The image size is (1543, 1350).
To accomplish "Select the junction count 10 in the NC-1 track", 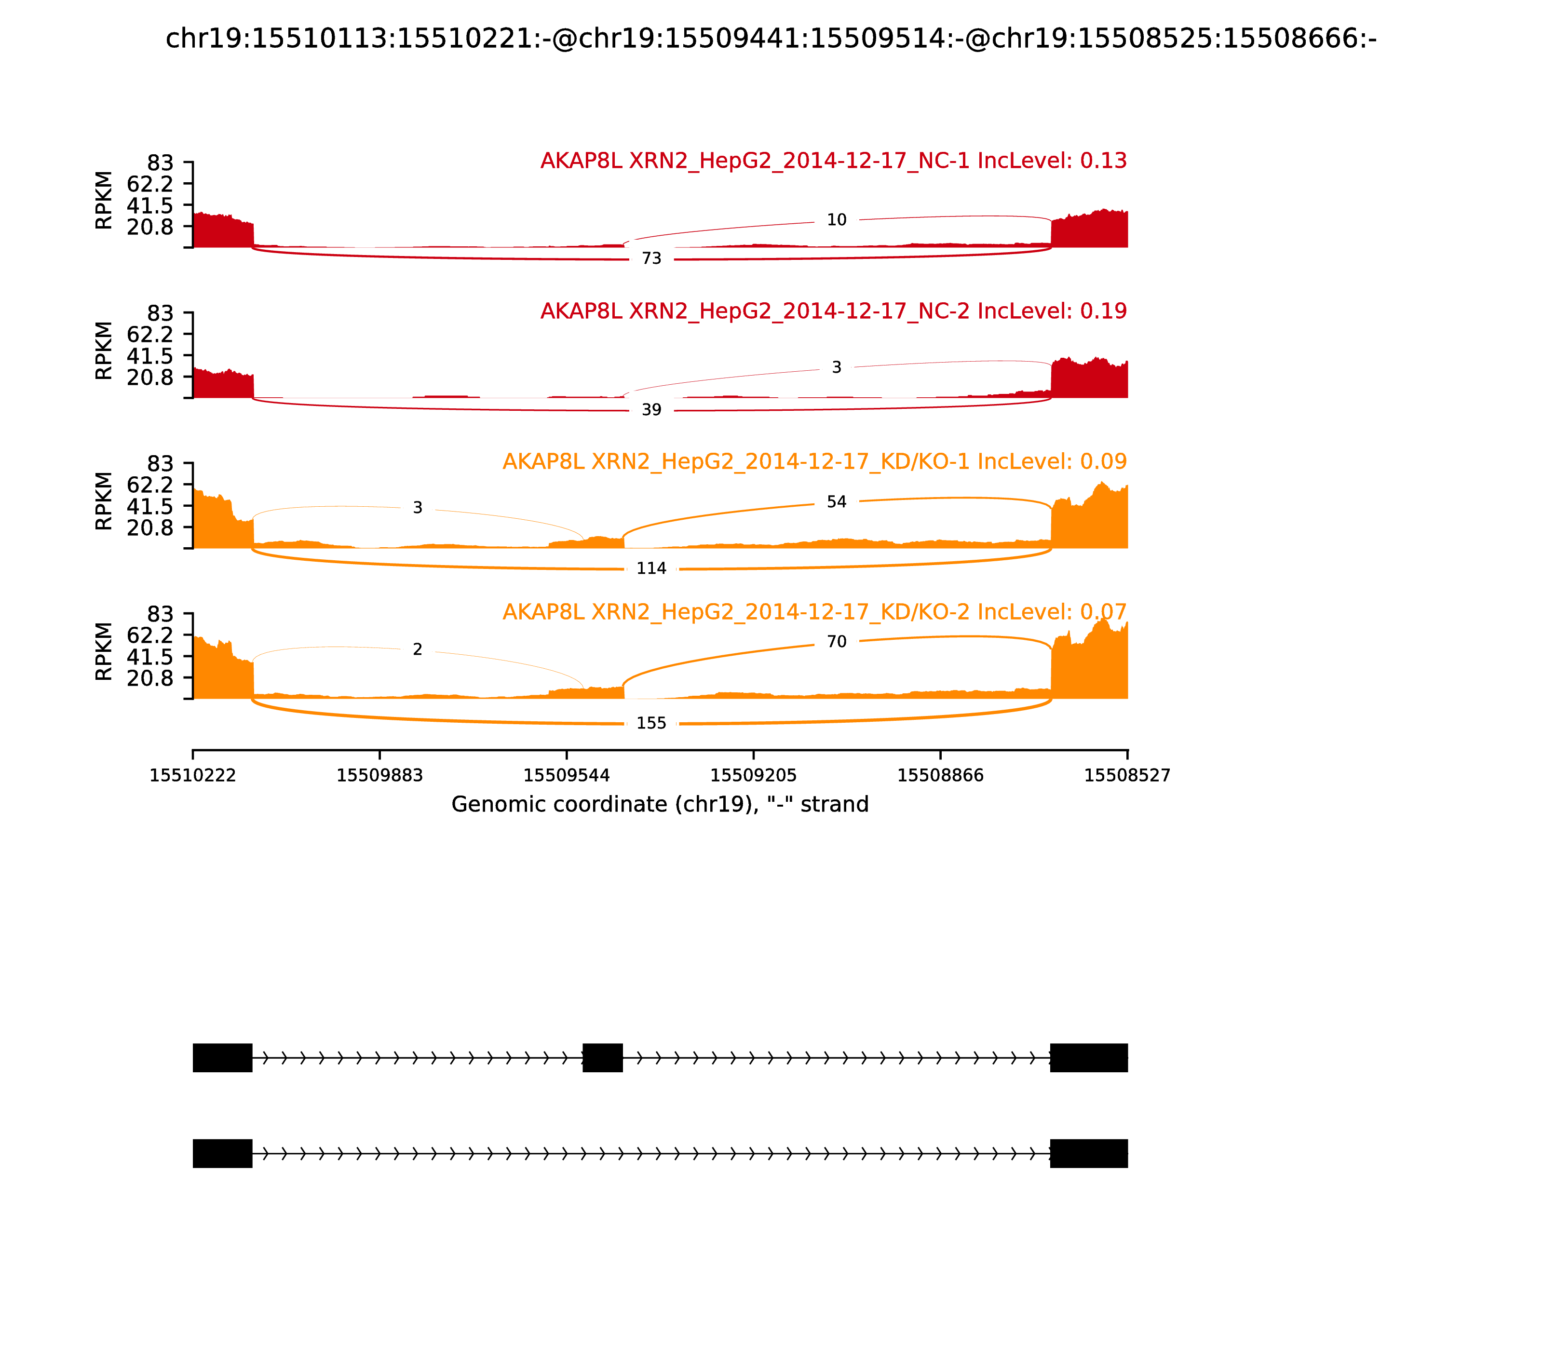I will pyautogui.click(x=836, y=220).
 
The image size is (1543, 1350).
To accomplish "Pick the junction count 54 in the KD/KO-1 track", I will pyautogui.click(x=836, y=502).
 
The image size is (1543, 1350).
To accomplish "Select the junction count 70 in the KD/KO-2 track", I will pyautogui.click(x=836, y=642).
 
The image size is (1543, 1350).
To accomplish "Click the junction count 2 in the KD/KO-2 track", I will pyautogui.click(x=418, y=649).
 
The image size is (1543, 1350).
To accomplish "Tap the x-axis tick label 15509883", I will pyautogui.click(x=380, y=775).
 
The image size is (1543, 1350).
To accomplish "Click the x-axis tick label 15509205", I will pyautogui.click(x=753, y=775).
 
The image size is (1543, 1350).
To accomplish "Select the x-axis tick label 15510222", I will pyautogui.click(x=193, y=775).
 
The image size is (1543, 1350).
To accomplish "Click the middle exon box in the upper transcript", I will pyautogui.click(x=603, y=1058).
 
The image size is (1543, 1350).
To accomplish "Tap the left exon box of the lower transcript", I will pyautogui.click(x=222, y=1153).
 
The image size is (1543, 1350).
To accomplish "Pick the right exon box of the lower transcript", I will pyautogui.click(x=1089, y=1153).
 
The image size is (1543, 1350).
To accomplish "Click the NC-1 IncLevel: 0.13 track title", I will pyautogui.click(x=833, y=161).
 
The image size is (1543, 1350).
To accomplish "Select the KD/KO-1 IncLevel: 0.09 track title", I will pyautogui.click(x=814, y=462).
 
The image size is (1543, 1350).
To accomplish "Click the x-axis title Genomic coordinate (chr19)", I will pyautogui.click(x=660, y=805).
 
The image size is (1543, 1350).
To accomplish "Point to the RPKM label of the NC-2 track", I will pyautogui.click(x=104, y=351).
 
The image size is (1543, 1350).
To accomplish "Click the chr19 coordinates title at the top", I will pyautogui.click(x=771, y=39).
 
